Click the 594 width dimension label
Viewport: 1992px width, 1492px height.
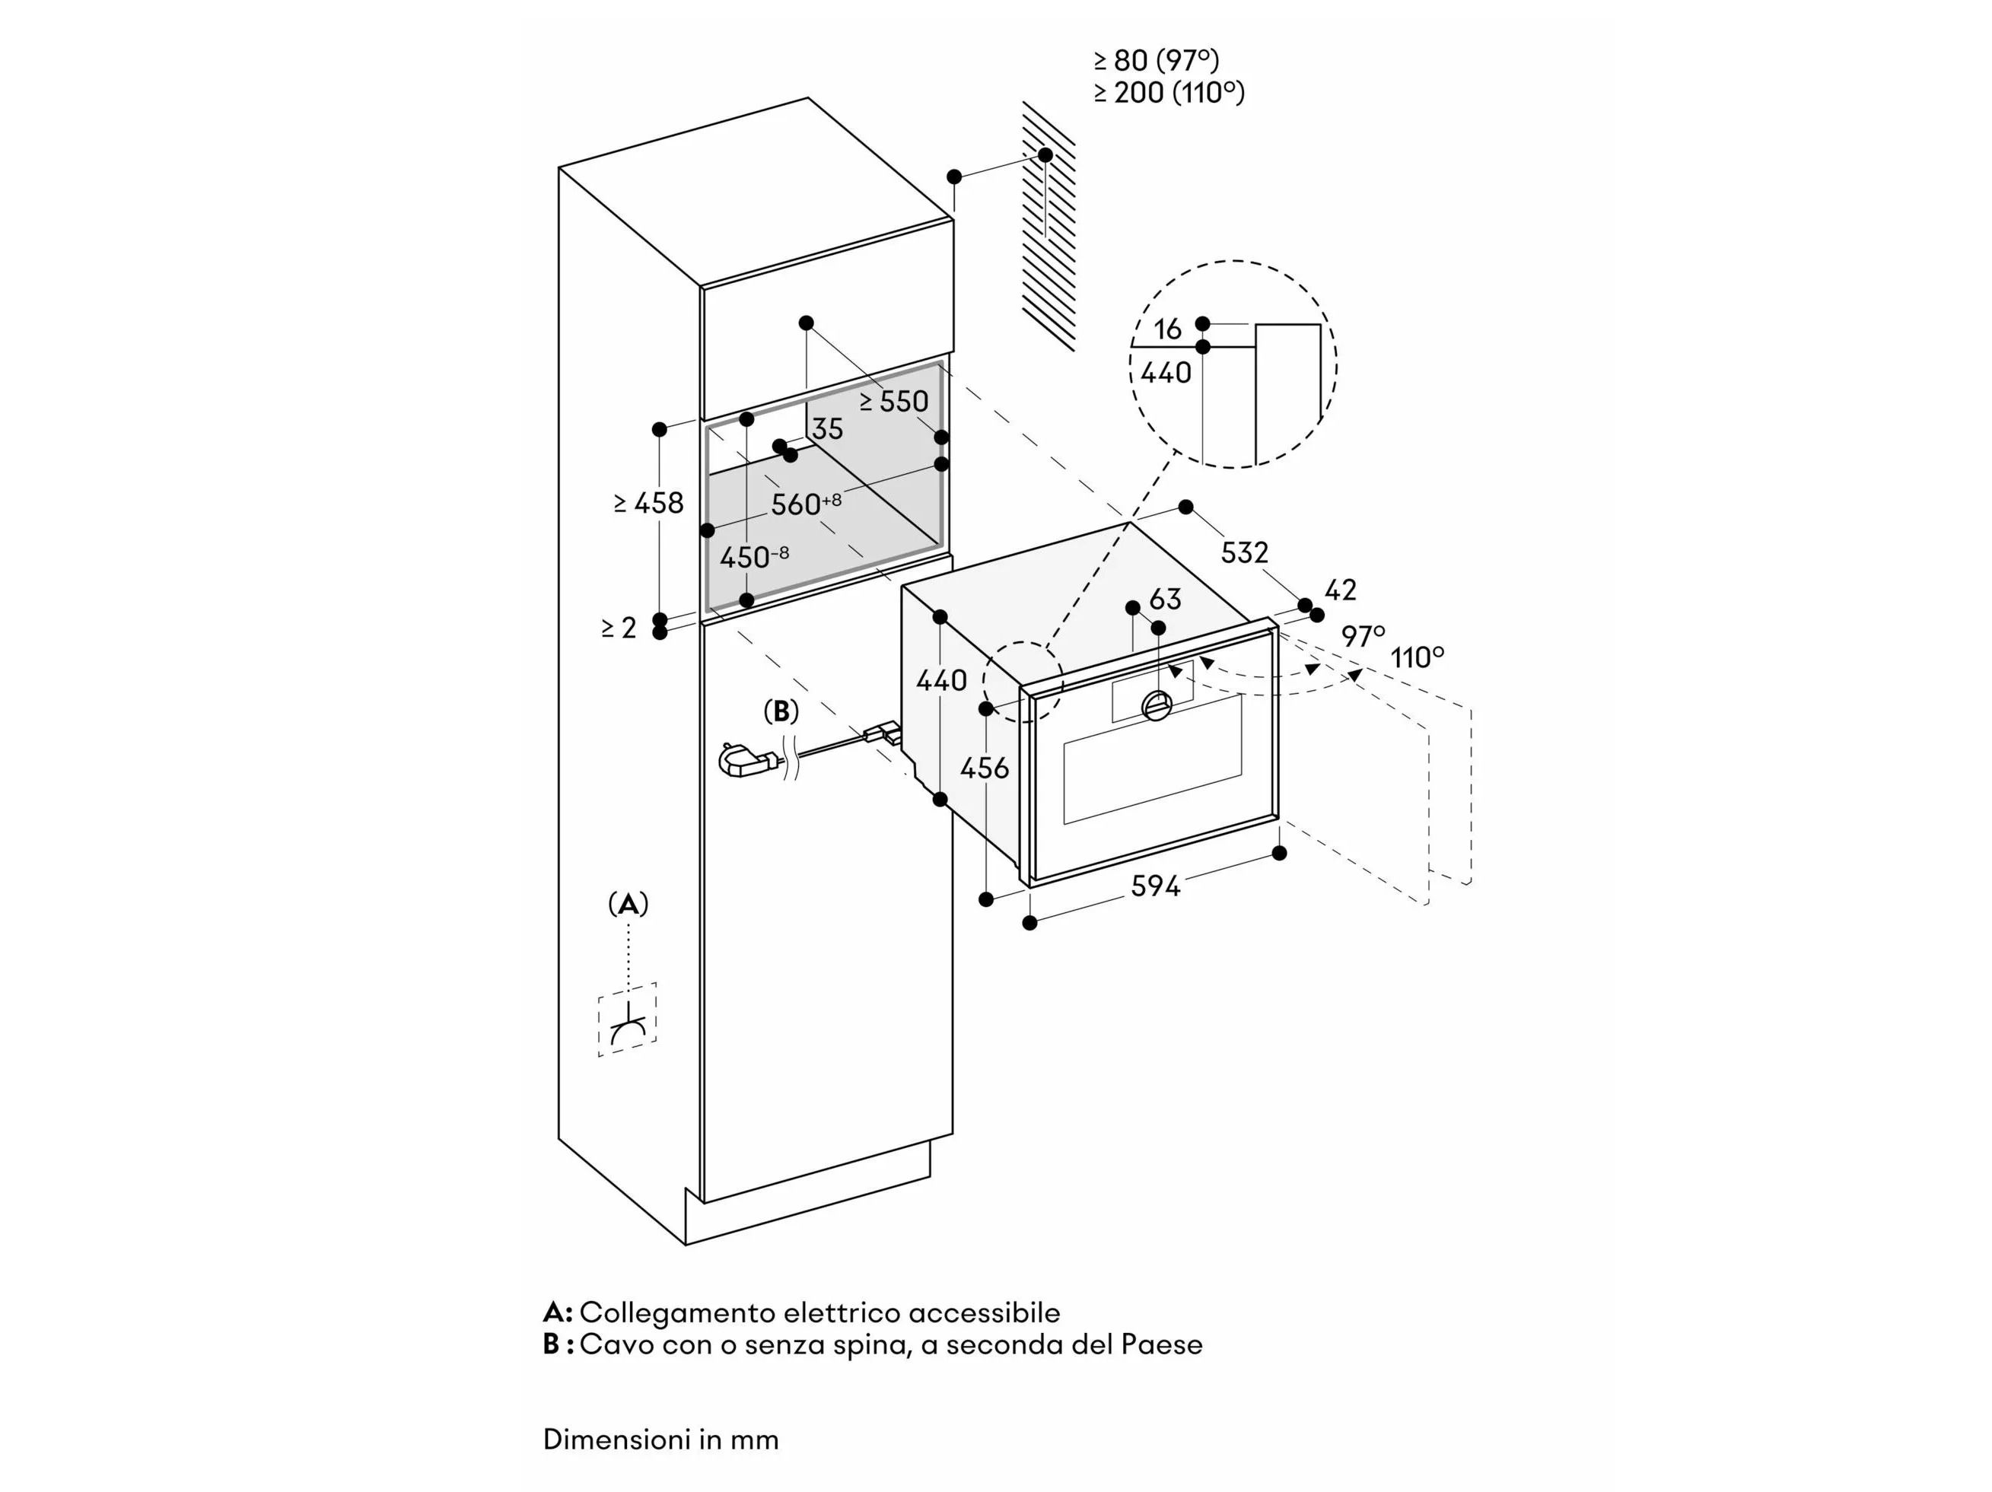[1154, 887]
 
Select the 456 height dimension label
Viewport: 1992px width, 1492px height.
[985, 768]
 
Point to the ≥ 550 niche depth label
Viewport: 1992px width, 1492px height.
[893, 402]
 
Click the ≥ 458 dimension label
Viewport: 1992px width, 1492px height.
[648, 504]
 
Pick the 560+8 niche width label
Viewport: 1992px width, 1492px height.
[805, 504]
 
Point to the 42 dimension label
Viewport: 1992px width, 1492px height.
[1340, 590]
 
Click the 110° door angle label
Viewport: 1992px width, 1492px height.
[1418, 658]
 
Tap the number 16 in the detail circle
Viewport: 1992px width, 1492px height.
[1167, 329]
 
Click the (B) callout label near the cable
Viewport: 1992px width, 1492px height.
[781, 711]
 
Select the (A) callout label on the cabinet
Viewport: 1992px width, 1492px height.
[628, 903]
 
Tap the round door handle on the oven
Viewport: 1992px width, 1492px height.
[1158, 705]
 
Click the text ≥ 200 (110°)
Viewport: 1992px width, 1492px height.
[1169, 93]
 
